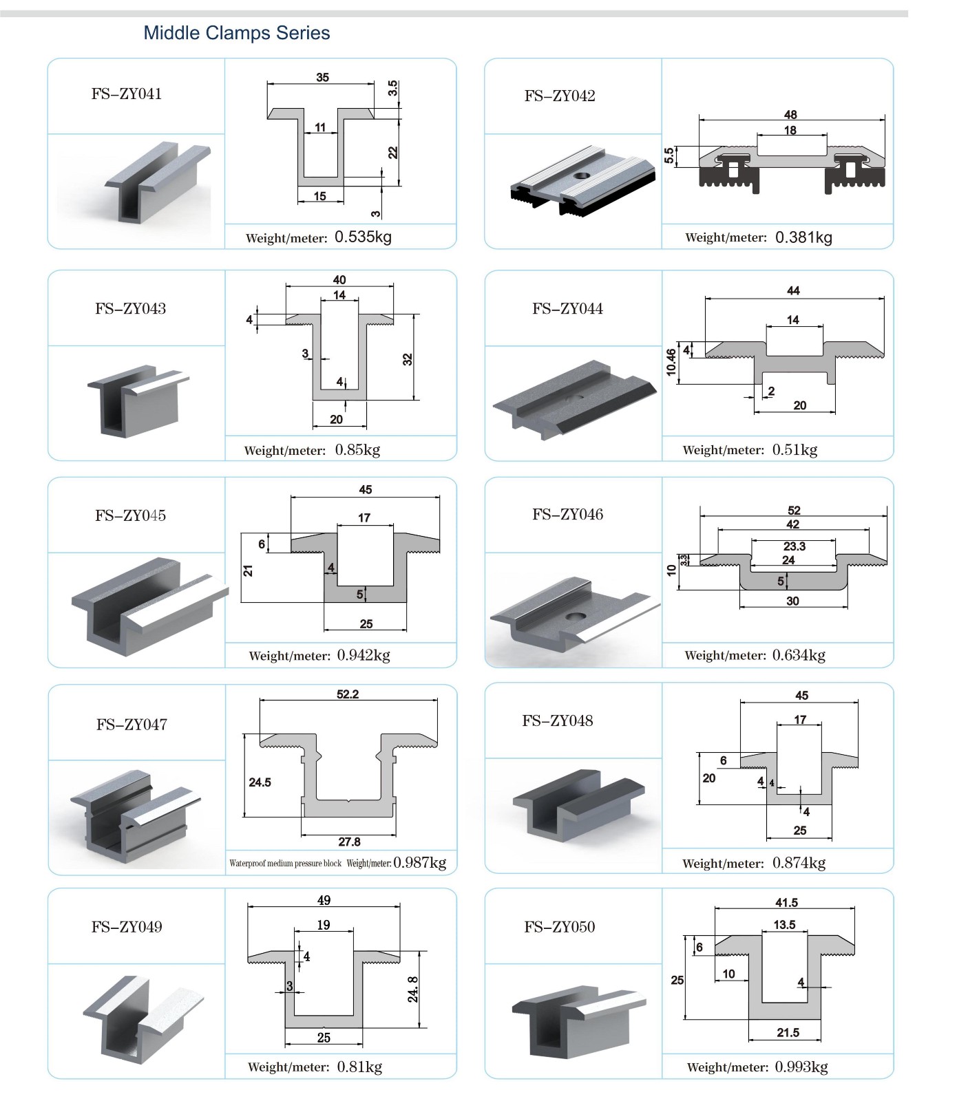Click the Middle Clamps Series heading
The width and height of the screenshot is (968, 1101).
tap(236, 33)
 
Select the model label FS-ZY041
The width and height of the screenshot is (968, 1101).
tap(127, 94)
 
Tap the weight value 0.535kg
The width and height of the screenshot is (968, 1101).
tap(363, 237)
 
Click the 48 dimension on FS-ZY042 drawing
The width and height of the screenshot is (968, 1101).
tap(790, 115)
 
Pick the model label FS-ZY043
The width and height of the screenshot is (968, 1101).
tap(131, 309)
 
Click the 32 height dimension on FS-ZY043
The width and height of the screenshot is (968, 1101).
tap(408, 359)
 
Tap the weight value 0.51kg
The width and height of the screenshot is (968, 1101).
tap(795, 450)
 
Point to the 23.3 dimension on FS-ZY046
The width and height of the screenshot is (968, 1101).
tap(794, 546)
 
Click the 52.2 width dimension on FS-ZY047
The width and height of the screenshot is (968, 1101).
tap(348, 694)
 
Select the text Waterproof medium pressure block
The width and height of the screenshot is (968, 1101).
tap(285, 864)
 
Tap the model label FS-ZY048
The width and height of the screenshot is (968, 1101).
tap(558, 721)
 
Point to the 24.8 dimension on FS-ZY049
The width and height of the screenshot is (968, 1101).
tap(413, 989)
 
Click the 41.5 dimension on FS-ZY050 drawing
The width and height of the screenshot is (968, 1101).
tap(786, 903)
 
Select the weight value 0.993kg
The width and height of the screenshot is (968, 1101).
tap(801, 1067)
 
